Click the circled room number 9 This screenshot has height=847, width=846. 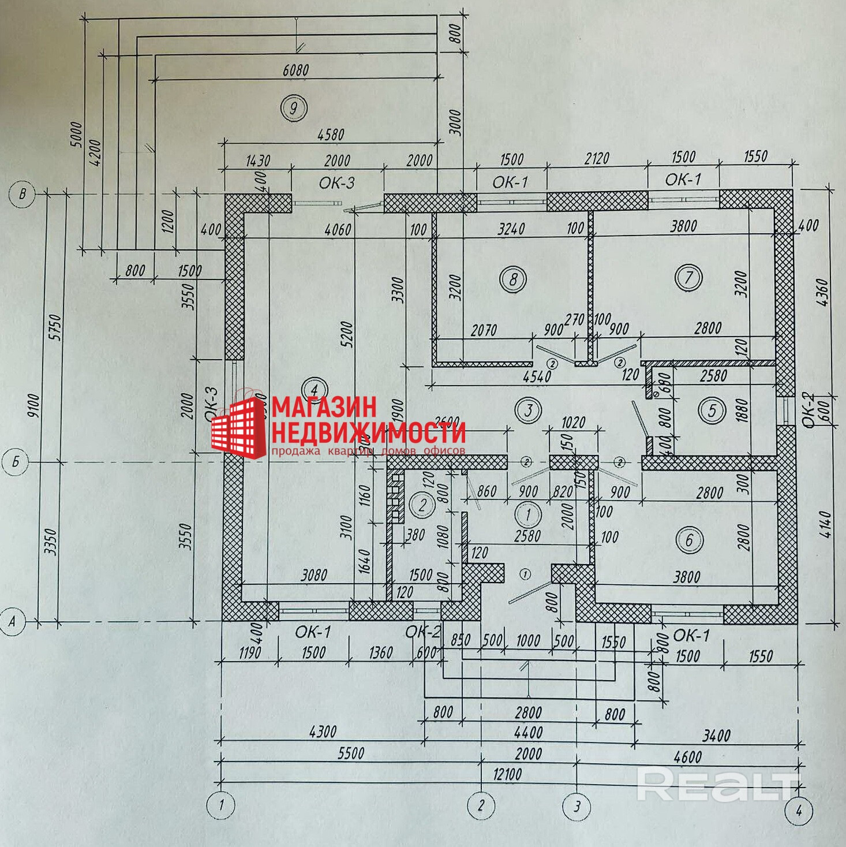294,107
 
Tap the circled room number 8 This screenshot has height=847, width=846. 513,279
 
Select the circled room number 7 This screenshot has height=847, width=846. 688,278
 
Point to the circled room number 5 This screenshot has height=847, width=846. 712,410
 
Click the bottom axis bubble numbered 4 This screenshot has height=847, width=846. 799,810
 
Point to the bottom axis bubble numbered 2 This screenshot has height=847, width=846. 481,805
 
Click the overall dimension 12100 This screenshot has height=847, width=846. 507,774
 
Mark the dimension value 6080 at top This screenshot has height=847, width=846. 296,70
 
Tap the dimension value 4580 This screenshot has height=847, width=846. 331,135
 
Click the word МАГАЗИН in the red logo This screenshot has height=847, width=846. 324,407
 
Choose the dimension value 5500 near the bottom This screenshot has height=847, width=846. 351,753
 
